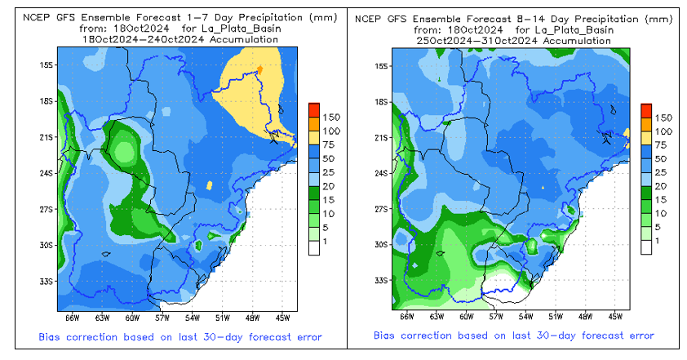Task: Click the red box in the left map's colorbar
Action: pyautogui.click(x=314, y=110)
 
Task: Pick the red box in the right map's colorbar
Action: pyautogui.click(x=646, y=110)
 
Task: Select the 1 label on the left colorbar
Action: pyautogui.click(x=328, y=242)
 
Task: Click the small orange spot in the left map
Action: pyautogui.click(x=259, y=69)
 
